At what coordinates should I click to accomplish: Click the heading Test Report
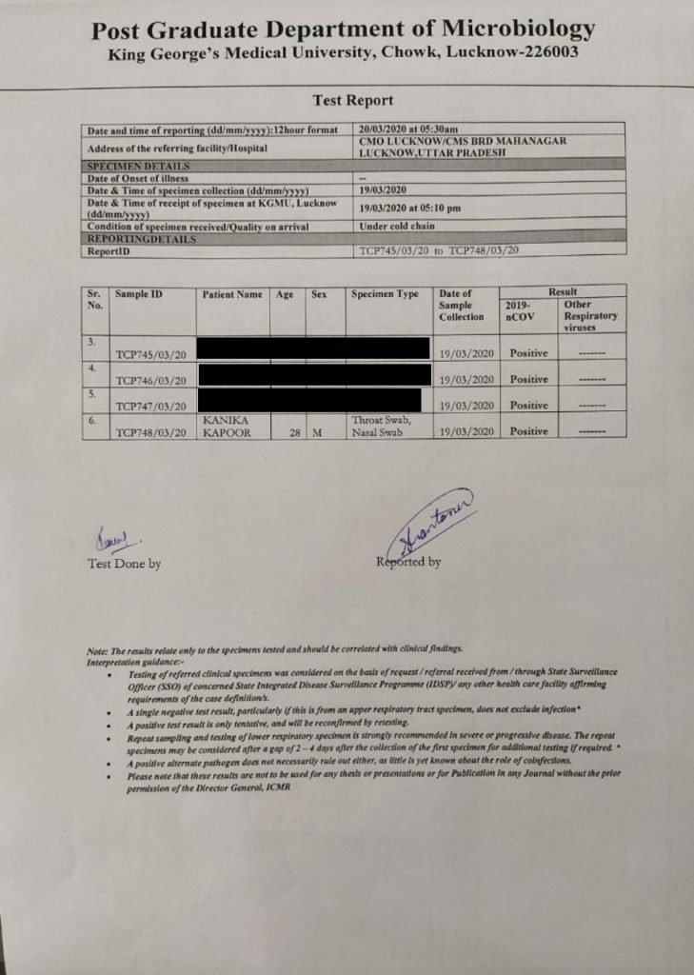(x=352, y=100)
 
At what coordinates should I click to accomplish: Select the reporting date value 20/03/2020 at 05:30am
(x=409, y=129)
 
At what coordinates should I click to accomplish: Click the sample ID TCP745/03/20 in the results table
(x=149, y=354)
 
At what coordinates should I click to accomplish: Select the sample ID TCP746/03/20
(x=149, y=381)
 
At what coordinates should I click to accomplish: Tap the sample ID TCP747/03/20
(x=149, y=407)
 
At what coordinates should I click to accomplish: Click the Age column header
(x=285, y=295)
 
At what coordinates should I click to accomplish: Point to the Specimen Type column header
(x=385, y=295)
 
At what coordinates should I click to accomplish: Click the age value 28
(x=294, y=432)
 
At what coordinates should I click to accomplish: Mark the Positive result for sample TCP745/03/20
(x=528, y=353)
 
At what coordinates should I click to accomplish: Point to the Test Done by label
(x=125, y=564)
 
